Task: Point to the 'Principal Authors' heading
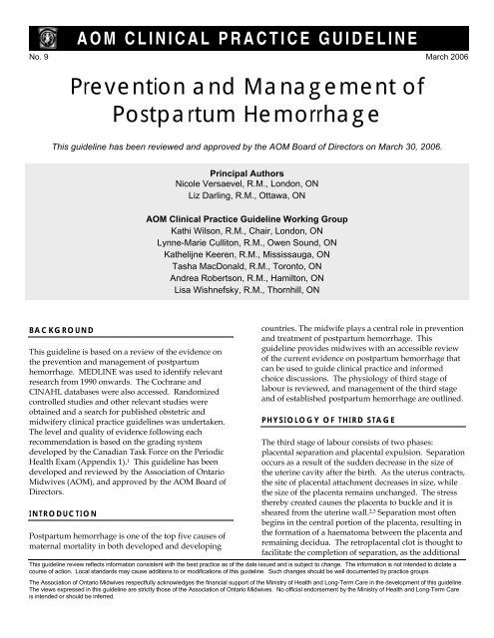pyautogui.click(x=247, y=171)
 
